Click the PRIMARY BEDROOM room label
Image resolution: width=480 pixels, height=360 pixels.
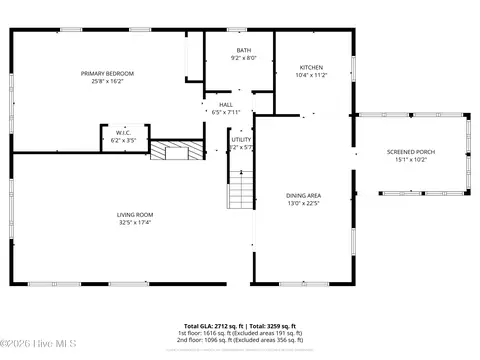(107, 73)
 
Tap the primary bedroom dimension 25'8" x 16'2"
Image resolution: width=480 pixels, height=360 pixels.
(107, 82)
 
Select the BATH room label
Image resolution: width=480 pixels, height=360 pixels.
(244, 50)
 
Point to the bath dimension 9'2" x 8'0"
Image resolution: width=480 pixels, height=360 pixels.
(244, 58)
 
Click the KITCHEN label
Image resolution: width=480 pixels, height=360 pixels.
(311, 67)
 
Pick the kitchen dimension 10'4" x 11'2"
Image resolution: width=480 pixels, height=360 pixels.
(311, 75)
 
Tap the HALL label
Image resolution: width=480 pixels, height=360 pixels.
(226, 104)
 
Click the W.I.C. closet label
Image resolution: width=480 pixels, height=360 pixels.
(123, 132)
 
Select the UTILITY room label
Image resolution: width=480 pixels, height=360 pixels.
(241, 139)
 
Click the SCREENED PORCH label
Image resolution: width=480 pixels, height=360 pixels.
(411, 152)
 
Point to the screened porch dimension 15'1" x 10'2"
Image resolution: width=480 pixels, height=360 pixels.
(411, 160)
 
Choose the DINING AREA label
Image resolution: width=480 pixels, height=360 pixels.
(303, 195)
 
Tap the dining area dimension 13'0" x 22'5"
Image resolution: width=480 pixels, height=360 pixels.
(303, 203)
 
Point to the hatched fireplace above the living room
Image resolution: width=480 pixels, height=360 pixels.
(168, 151)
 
